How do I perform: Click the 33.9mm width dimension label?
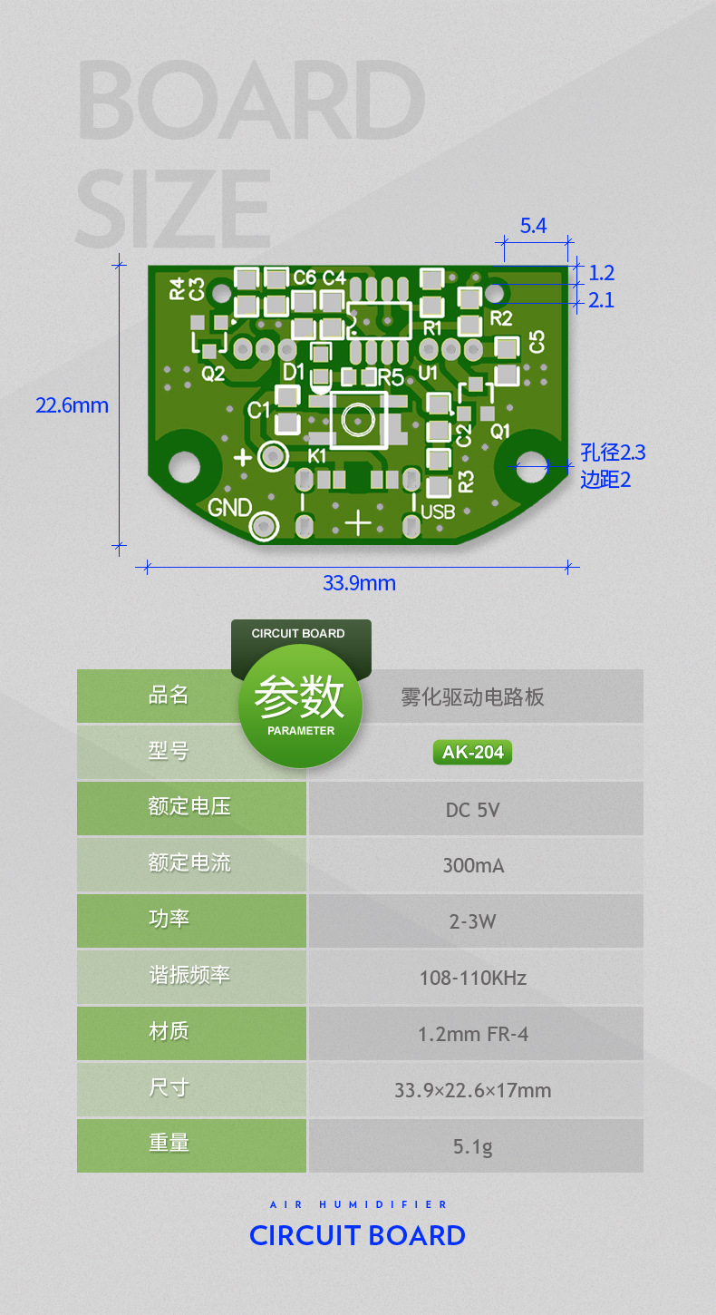point(359,583)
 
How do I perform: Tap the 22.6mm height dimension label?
point(72,405)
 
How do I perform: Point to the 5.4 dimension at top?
point(533,226)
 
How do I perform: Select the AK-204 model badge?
point(472,752)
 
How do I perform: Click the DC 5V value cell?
point(472,809)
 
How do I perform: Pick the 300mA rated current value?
point(473,865)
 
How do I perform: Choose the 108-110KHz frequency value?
point(472,978)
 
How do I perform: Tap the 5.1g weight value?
point(473,1146)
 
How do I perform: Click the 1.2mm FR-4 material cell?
point(473,1034)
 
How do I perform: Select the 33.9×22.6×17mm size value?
point(472,1090)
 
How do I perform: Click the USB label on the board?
point(438,512)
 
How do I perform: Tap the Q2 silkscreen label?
point(213,374)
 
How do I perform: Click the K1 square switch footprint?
point(359,420)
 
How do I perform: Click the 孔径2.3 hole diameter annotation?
point(613,453)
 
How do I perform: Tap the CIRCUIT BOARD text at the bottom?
point(357,1235)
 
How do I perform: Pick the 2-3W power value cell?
point(472,921)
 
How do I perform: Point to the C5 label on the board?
point(537,342)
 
